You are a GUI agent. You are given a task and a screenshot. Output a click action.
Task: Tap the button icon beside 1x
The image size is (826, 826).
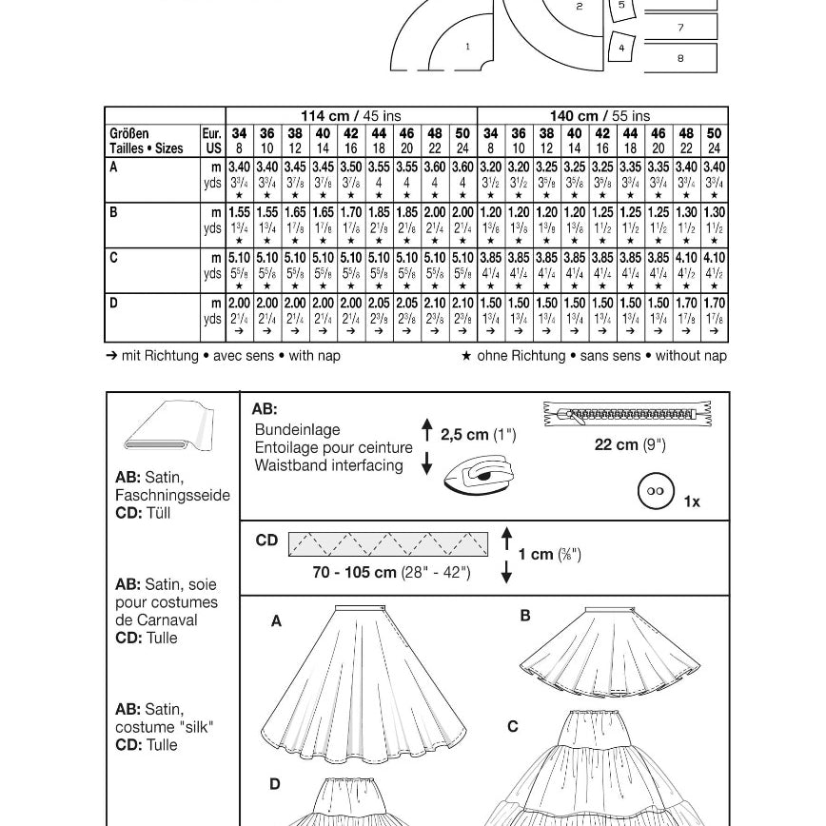coord(656,491)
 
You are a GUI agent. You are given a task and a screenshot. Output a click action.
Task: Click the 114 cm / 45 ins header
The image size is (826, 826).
coord(350,116)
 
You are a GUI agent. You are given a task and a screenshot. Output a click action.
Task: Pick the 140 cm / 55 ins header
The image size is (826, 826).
coord(602,116)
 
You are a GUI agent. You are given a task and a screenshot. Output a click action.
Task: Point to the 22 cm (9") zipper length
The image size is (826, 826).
coord(630,444)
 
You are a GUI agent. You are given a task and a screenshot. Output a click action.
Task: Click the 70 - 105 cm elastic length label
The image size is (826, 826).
coord(391,572)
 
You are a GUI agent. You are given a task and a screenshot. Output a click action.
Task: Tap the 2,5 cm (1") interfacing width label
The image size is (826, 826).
coord(478,435)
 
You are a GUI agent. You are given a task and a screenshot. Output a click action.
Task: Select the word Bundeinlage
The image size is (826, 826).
coord(297,429)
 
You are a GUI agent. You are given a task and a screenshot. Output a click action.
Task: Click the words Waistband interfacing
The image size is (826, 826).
coord(328,465)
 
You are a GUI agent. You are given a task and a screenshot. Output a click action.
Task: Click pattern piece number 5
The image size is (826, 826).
coord(621,6)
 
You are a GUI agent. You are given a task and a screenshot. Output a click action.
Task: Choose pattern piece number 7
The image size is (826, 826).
coord(680,27)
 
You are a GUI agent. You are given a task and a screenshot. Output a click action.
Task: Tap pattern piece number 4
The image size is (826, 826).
coord(621,47)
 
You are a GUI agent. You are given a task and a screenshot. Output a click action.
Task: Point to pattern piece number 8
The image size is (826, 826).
coord(680,58)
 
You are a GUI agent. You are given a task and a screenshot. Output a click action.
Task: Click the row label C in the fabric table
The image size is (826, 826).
coord(114,257)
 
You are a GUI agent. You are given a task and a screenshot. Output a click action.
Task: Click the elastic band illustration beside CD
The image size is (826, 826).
coord(387,543)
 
